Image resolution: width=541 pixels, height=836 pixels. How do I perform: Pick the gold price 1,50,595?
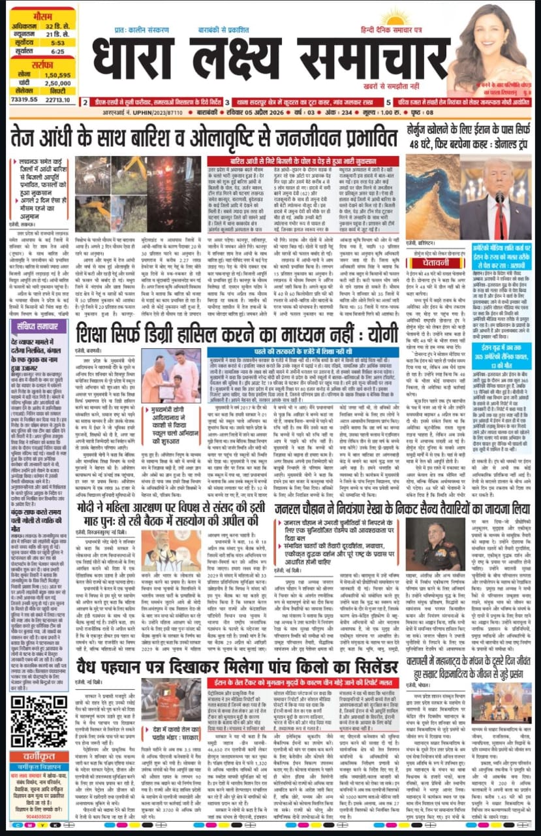coord(57,76)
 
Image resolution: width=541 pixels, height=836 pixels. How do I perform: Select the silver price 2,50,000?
coord(57,84)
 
